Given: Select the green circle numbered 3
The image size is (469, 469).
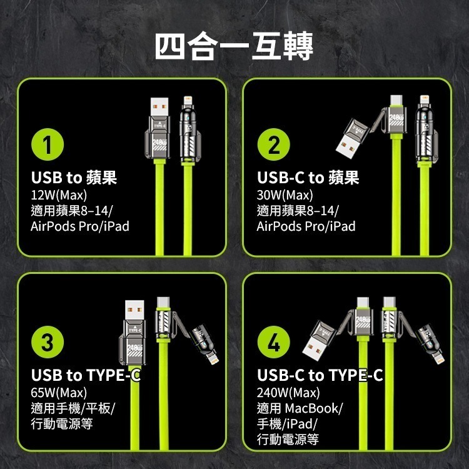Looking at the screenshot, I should click(x=47, y=343).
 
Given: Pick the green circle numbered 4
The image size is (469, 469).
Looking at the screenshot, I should click(x=273, y=343).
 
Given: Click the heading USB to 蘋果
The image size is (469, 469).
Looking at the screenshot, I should click(x=74, y=178).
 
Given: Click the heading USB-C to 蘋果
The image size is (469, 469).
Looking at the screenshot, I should click(x=308, y=178).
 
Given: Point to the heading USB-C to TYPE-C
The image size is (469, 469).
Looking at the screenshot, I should click(x=320, y=375).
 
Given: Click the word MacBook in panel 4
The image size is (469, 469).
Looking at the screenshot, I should click(x=313, y=408).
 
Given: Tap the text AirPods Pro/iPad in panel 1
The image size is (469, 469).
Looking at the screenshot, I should click(x=80, y=226).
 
